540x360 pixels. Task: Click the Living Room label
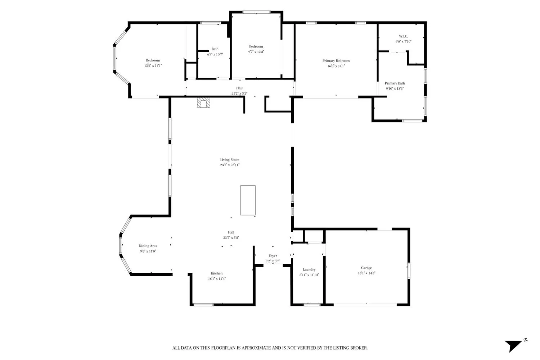click(230, 159)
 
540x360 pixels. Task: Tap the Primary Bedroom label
click(336, 61)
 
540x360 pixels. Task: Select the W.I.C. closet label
click(403, 36)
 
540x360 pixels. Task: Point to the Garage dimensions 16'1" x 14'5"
click(366, 273)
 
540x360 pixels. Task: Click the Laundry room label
click(309, 270)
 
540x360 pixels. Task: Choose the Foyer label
click(273, 256)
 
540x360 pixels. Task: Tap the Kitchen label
click(217, 273)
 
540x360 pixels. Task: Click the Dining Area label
click(148, 246)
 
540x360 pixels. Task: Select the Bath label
click(215, 49)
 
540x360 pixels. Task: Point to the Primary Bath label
click(395, 83)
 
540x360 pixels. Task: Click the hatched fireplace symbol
click(203, 103)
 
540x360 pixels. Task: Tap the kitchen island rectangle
click(248, 201)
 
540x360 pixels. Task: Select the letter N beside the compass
click(525, 340)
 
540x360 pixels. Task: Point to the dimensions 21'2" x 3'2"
click(239, 93)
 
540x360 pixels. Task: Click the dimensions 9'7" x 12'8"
click(256, 51)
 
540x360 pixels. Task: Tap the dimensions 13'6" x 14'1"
click(153, 66)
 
